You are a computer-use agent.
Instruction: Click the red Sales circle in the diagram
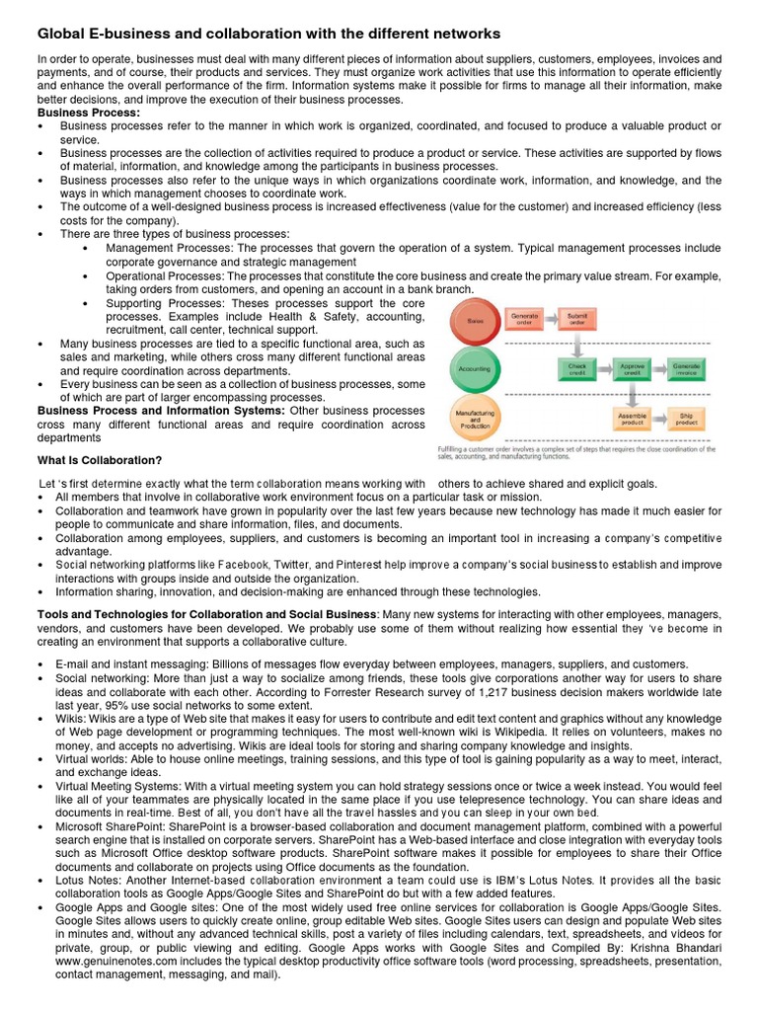[x=474, y=322]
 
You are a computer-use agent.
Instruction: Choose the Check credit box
[x=576, y=368]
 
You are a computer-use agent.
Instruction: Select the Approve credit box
[x=632, y=368]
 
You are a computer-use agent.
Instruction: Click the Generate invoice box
[x=686, y=368]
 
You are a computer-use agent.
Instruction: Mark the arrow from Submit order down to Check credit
[x=576, y=344]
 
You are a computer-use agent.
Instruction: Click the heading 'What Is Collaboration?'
[x=100, y=460]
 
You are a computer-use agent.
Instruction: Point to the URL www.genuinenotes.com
[x=99, y=959]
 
